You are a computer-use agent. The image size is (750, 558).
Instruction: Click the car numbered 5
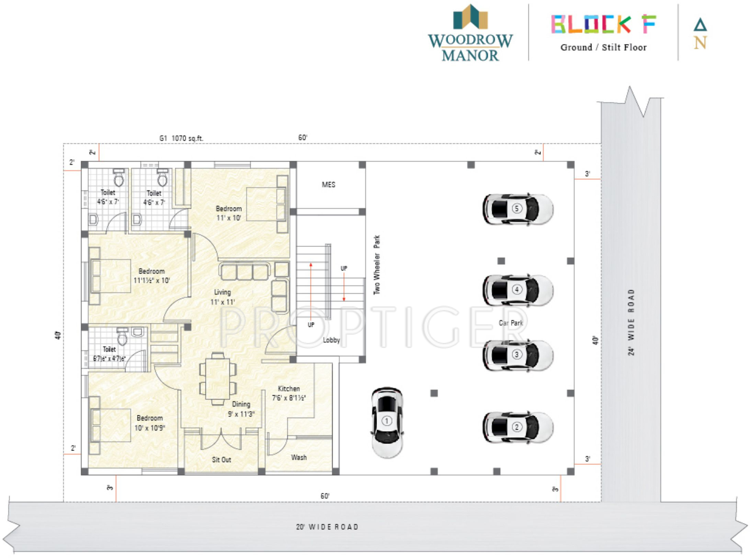click(x=518, y=209)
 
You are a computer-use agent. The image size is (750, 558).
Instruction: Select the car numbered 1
click(x=387, y=422)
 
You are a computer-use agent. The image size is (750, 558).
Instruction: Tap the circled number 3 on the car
click(x=517, y=354)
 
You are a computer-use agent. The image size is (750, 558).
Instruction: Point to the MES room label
click(x=328, y=185)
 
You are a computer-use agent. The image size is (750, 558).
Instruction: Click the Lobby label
click(x=331, y=340)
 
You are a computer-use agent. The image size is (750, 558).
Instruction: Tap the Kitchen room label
click(x=289, y=389)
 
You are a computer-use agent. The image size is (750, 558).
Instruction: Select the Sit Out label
click(x=221, y=460)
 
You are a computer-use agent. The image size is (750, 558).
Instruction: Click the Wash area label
click(x=299, y=457)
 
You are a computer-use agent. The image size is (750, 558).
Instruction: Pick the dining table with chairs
click(x=218, y=379)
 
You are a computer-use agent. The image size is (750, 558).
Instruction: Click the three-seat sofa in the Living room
click(x=244, y=272)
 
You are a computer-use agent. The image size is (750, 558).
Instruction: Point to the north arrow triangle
click(x=700, y=25)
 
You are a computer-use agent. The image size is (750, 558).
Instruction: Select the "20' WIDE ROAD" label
click(x=327, y=527)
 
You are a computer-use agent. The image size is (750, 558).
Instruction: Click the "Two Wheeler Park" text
click(x=377, y=265)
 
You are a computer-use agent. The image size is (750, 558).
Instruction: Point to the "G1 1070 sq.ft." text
click(x=181, y=138)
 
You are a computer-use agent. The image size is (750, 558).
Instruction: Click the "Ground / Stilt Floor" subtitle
click(x=603, y=47)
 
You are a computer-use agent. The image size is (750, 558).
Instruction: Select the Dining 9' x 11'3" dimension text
click(x=241, y=414)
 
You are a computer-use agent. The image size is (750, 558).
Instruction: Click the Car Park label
click(x=511, y=323)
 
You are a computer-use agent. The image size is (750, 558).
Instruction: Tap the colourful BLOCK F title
click(x=603, y=24)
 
